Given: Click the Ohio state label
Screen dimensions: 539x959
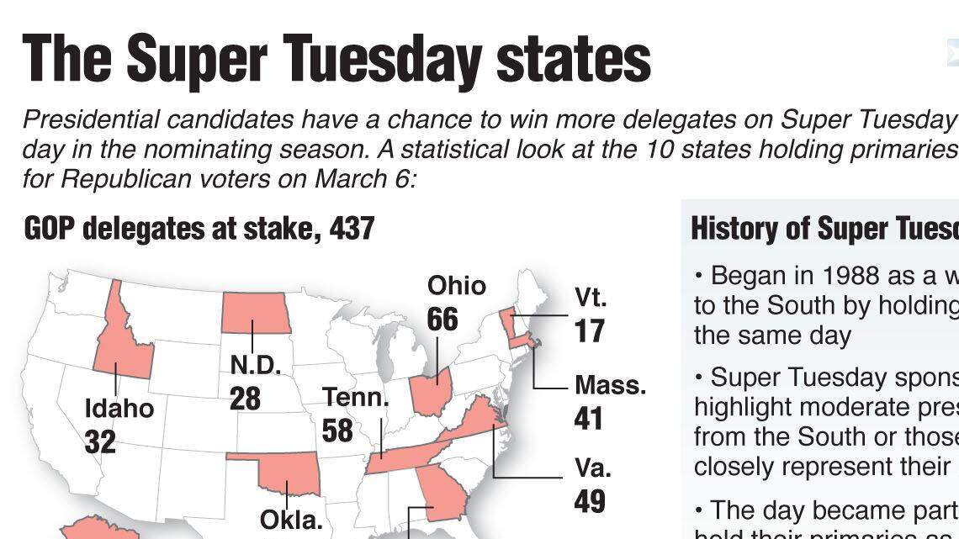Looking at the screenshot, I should tap(457, 286).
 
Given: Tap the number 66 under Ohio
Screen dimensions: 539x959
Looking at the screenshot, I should tap(442, 320).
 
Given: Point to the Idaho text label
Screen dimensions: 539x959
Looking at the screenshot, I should tap(119, 409).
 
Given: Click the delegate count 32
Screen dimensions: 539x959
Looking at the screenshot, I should tap(100, 441).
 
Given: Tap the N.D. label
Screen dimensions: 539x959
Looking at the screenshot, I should tap(255, 366).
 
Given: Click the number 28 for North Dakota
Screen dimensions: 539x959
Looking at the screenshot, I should tap(245, 398).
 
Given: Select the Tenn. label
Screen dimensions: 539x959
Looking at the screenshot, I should tap(356, 397).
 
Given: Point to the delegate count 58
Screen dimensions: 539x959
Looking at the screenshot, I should tap(337, 430).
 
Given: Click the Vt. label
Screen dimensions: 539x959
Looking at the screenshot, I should tap(591, 298).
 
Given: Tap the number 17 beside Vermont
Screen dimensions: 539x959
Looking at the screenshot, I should tap(590, 330).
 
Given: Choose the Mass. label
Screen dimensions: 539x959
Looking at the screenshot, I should tap(610, 385).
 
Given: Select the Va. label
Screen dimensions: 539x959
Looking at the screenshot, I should tap(592, 468).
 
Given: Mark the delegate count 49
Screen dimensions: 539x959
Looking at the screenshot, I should tap(590, 501).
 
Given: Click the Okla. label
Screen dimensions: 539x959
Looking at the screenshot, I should tap(291, 520).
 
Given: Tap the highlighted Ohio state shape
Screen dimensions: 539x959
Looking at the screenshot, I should tap(431, 391).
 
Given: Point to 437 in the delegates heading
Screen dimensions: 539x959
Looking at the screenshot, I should tap(352, 228).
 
